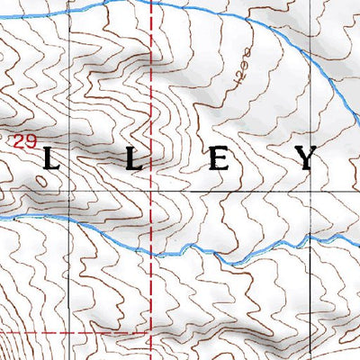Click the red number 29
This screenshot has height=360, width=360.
click(x=24, y=141)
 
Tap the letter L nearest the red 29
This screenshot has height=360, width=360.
click(x=52, y=161)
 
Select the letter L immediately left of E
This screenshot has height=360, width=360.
click(x=133, y=161)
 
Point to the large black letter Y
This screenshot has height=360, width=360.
click(x=307, y=159)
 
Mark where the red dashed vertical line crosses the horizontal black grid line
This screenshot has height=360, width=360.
click(x=150, y=192)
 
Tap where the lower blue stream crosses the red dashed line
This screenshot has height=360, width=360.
click(x=150, y=253)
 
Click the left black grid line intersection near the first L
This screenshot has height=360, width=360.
click(x=70, y=192)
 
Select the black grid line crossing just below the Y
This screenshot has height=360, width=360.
click(x=311, y=192)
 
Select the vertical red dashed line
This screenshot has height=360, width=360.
click(x=150, y=108)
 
